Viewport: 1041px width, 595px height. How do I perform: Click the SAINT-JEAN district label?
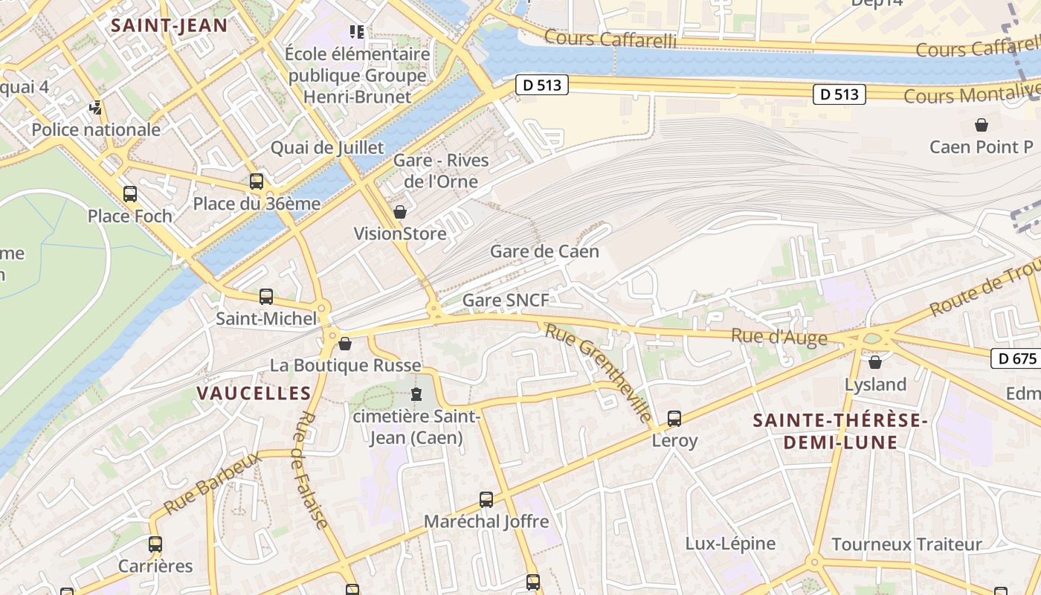[169, 25]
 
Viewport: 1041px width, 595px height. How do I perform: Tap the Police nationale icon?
[96, 108]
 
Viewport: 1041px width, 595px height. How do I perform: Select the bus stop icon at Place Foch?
[130, 194]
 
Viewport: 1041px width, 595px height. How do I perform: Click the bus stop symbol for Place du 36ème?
[257, 181]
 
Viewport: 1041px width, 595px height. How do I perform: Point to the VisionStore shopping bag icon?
[400, 212]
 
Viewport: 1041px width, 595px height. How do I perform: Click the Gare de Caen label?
[544, 251]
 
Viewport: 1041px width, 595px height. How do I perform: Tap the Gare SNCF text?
[506, 300]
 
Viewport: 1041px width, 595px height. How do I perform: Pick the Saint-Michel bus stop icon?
[266, 297]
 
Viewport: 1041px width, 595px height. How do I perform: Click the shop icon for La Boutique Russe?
[345, 344]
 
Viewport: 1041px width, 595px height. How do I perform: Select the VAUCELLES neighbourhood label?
[254, 393]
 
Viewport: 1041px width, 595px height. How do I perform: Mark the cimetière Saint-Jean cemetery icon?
[416, 393]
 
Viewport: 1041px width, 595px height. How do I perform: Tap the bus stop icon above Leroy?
[674, 419]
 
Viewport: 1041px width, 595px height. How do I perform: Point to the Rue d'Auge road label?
[779, 337]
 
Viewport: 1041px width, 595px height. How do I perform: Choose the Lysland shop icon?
[875, 362]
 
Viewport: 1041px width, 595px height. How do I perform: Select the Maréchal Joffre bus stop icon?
[486, 500]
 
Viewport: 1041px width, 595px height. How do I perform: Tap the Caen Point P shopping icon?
[982, 124]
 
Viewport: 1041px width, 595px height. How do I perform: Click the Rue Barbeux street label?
[213, 483]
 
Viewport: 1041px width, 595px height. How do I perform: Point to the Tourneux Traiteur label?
[906, 544]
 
